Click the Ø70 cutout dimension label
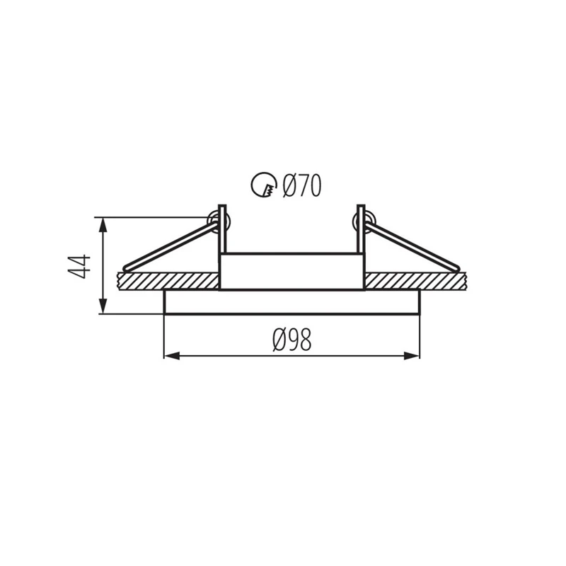click(x=302, y=185)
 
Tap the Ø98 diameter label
click(x=292, y=340)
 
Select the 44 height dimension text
click(x=79, y=267)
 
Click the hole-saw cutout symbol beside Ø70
click(x=264, y=185)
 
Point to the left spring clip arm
click(x=171, y=246)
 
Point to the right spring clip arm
click(x=412, y=246)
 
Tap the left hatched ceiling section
click(x=168, y=281)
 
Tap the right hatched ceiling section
click(x=415, y=281)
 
